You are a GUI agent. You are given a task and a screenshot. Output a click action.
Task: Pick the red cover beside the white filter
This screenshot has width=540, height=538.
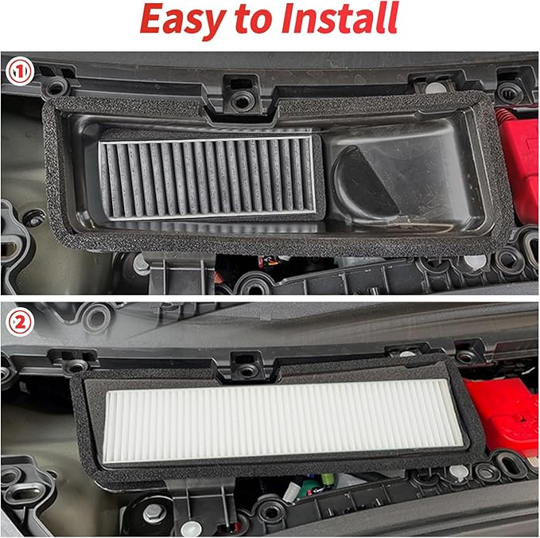[x=506, y=413]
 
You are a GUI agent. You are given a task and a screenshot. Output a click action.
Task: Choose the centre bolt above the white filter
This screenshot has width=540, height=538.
[x=247, y=369]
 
